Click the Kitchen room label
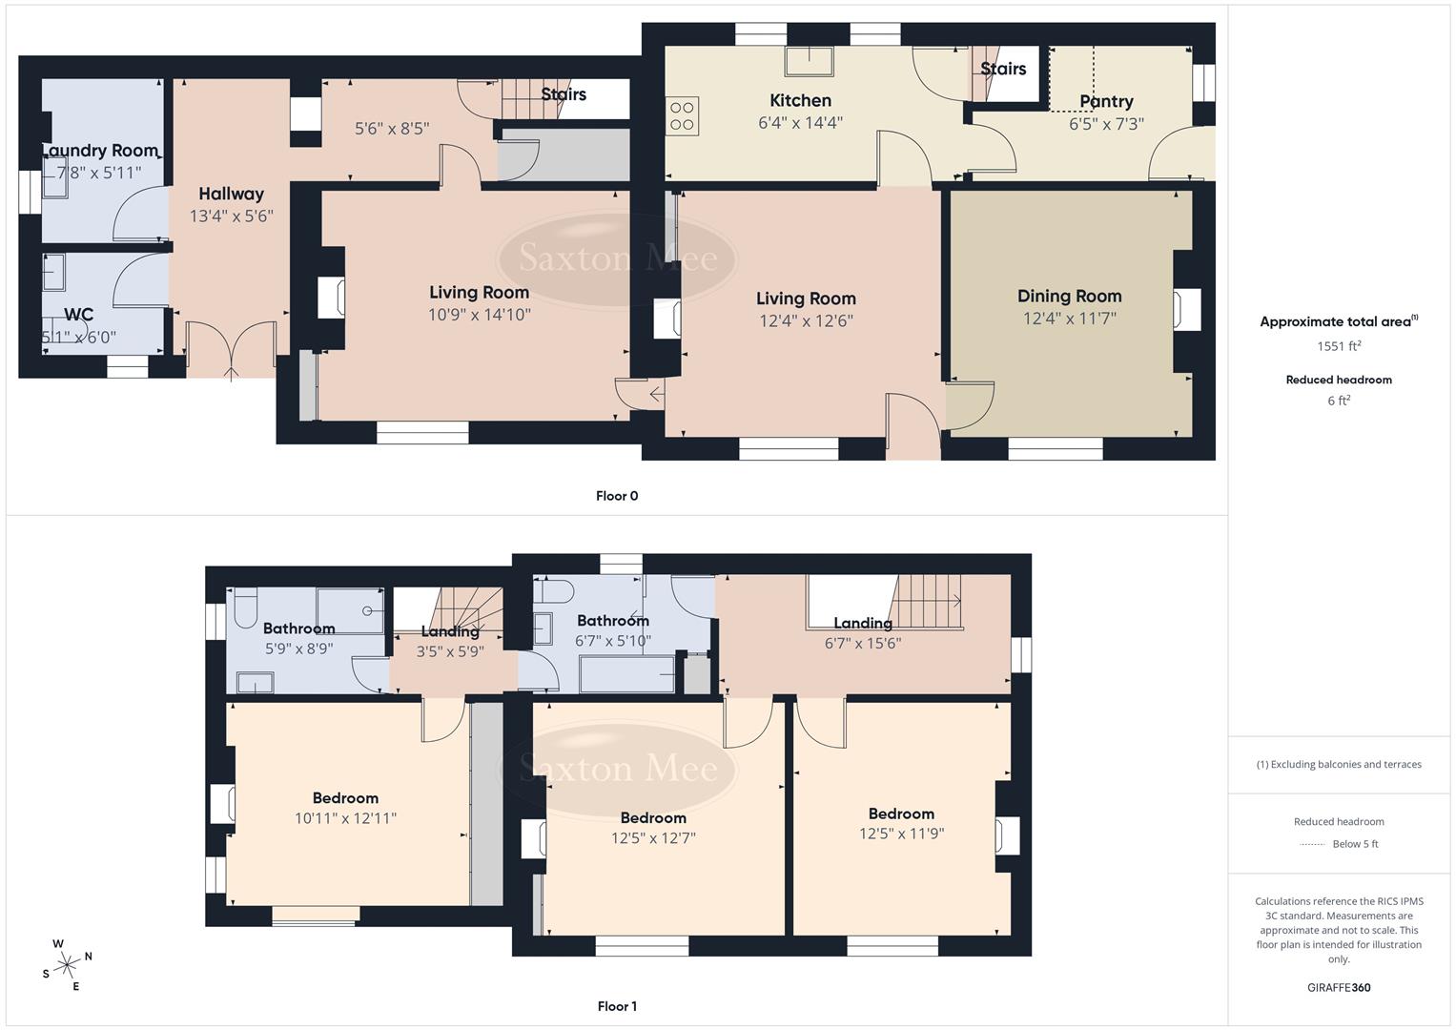click(800, 100)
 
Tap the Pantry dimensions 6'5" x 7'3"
click(1106, 123)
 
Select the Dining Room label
click(1069, 296)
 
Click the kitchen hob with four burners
click(682, 114)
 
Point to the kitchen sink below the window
click(808, 61)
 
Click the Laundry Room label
click(100, 151)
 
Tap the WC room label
click(78, 314)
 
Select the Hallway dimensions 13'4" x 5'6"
click(231, 216)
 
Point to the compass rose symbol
click(68, 964)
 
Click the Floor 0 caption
click(616, 496)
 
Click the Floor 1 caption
click(616, 1006)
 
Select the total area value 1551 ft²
click(1339, 346)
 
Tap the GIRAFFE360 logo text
click(1339, 987)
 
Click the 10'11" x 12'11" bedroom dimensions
click(345, 818)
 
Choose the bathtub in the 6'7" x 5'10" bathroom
click(626, 674)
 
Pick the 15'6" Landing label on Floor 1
click(862, 623)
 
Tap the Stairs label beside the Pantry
click(1003, 69)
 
